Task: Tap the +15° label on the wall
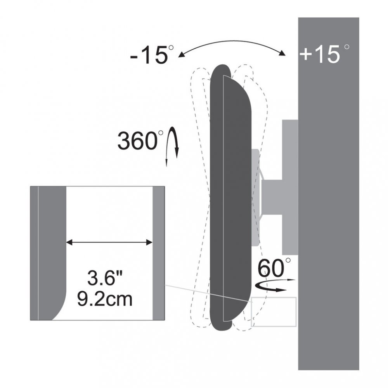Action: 324,54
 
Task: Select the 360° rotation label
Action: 140,140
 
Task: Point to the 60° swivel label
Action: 274,268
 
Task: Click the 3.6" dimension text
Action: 105,278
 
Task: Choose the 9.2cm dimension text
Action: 105,299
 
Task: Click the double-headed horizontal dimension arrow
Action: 109,242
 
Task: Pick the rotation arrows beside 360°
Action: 172,146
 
